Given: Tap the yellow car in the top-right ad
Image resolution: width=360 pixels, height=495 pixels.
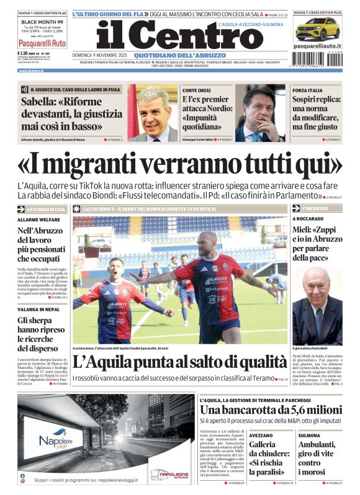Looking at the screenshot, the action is pyautogui.click(x=317, y=29).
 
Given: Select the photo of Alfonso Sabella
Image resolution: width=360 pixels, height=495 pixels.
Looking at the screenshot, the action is pyautogui.click(x=153, y=114).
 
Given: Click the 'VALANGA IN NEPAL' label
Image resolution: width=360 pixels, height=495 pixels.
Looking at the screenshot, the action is pyautogui.click(x=38, y=309).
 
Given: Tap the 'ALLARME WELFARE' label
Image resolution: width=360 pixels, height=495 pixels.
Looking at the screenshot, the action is pyautogui.click(x=39, y=220).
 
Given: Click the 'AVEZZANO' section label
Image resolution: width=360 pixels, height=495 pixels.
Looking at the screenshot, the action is pyautogui.click(x=261, y=435).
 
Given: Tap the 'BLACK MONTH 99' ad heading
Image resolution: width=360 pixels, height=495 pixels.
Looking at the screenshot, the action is pyautogui.click(x=42, y=21).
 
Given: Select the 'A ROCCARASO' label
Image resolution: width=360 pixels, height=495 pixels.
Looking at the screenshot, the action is pyautogui.click(x=310, y=219).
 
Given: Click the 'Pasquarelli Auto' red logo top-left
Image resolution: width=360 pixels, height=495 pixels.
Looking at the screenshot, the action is pyautogui.click(x=42, y=43).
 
